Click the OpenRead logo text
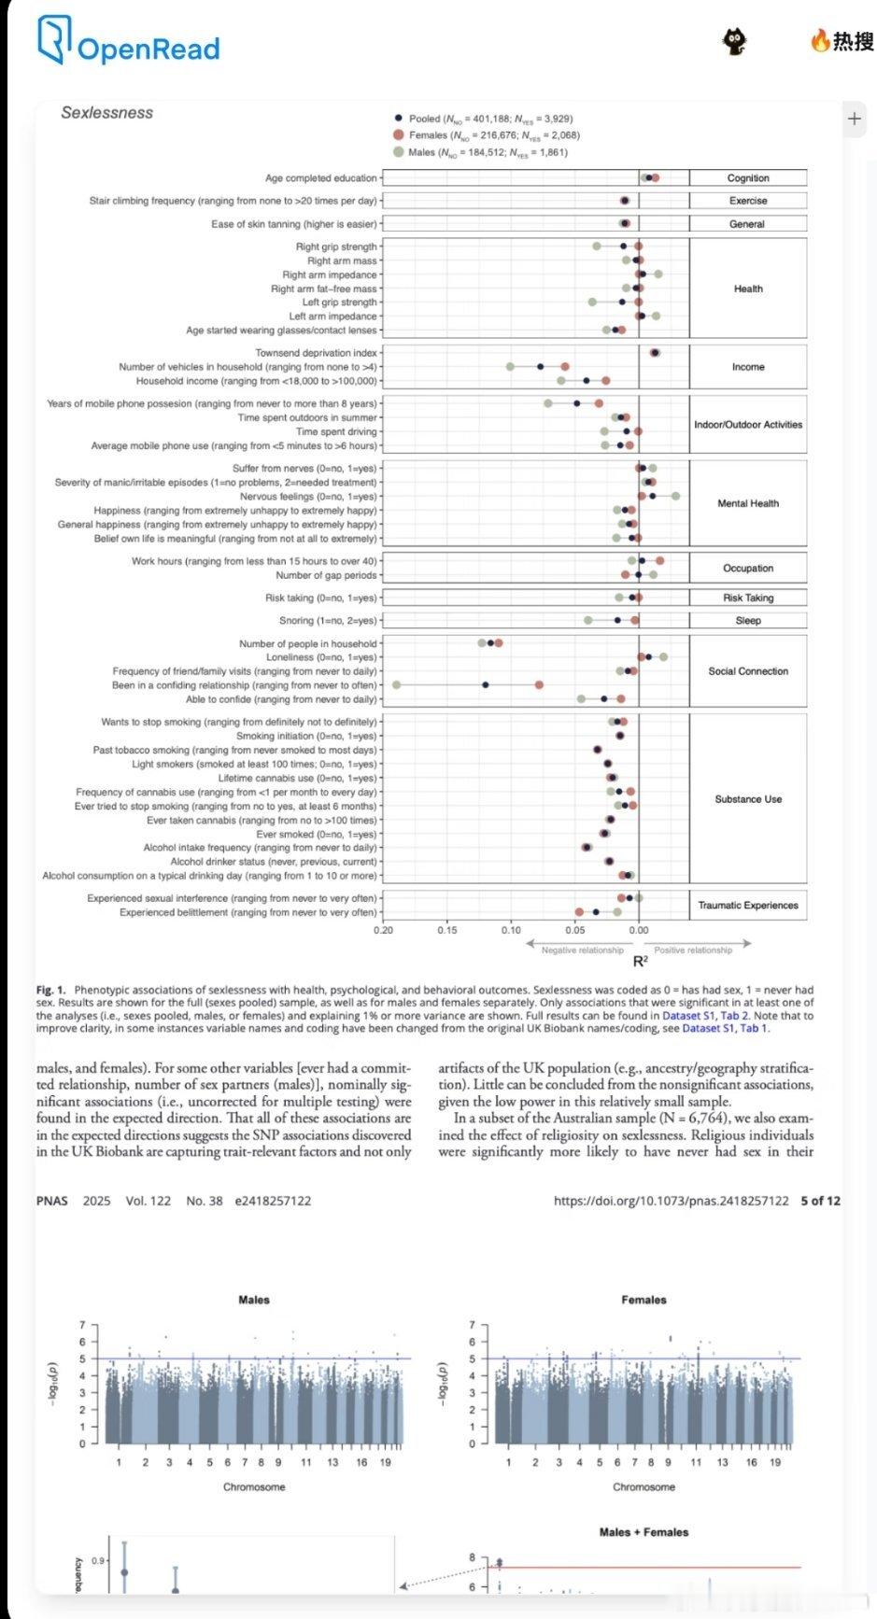tap(148, 49)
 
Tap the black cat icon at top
tap(735, 40)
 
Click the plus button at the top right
tap(854, 119)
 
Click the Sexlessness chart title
tap(106, 113)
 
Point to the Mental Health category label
tap(747, 503)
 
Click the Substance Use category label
tap(748, 799)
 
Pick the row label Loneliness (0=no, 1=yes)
tap(321, 657)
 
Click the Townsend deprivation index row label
tap(317, 353)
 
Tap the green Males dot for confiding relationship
tap(396, 685)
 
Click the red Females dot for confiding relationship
tap(539, 685)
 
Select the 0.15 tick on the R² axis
tap(446, 930)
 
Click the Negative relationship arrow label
tap(582, 950)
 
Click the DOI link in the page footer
tap(671, 1201)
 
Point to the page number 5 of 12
tap(820, 1201)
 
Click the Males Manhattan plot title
tap(254, 1300)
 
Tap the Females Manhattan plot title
tap(644, 1300)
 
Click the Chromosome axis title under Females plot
tap(644, 1486)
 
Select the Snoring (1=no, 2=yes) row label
tap(328, 621)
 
